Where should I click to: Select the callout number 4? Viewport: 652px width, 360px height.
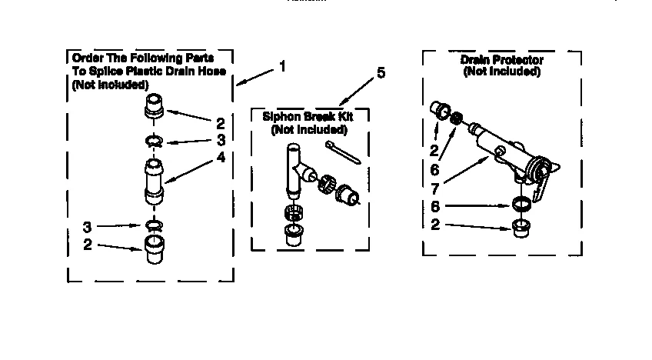(221, 158)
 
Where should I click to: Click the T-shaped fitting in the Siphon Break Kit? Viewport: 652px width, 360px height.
(295, 172)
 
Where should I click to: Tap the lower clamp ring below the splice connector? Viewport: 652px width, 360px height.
(155, 225)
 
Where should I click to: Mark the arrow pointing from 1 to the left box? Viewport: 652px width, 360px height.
(254, 76)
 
